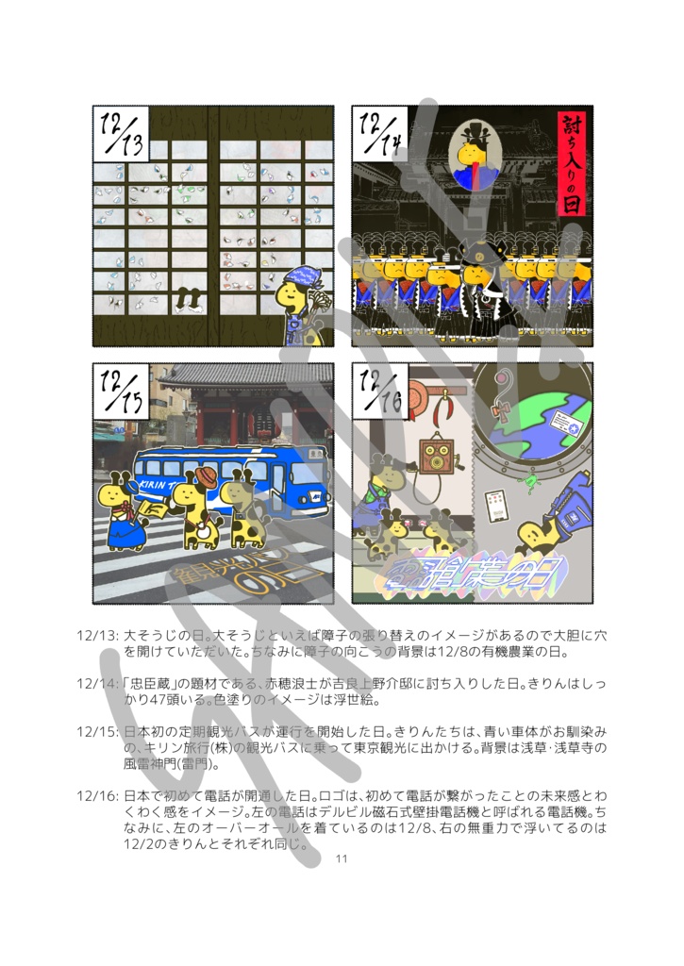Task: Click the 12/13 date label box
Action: click(x=121, y=134)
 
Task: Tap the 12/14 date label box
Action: click(x=379, y=134)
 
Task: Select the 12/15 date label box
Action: click(x=121, y=391)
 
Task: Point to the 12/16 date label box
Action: click(x=379, y=391)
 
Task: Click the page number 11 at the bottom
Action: click(x=342, y=858)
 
